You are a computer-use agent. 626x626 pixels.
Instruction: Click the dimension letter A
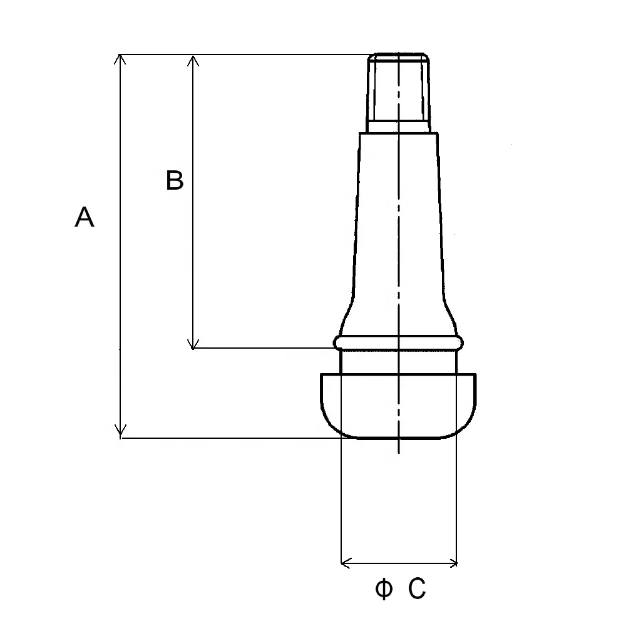85,217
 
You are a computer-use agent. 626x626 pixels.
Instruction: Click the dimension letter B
175,181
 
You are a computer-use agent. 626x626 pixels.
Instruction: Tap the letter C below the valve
418,589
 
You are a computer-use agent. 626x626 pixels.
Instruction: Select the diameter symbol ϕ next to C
384,589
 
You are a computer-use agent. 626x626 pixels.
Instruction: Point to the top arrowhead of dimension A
120,59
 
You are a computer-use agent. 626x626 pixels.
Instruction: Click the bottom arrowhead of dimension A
120,432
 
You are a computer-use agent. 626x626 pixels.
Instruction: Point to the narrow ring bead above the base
399,342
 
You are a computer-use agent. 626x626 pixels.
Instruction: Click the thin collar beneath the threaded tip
399,127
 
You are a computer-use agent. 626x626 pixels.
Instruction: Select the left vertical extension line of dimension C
341,501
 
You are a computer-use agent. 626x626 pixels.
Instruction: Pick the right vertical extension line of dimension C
457,501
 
